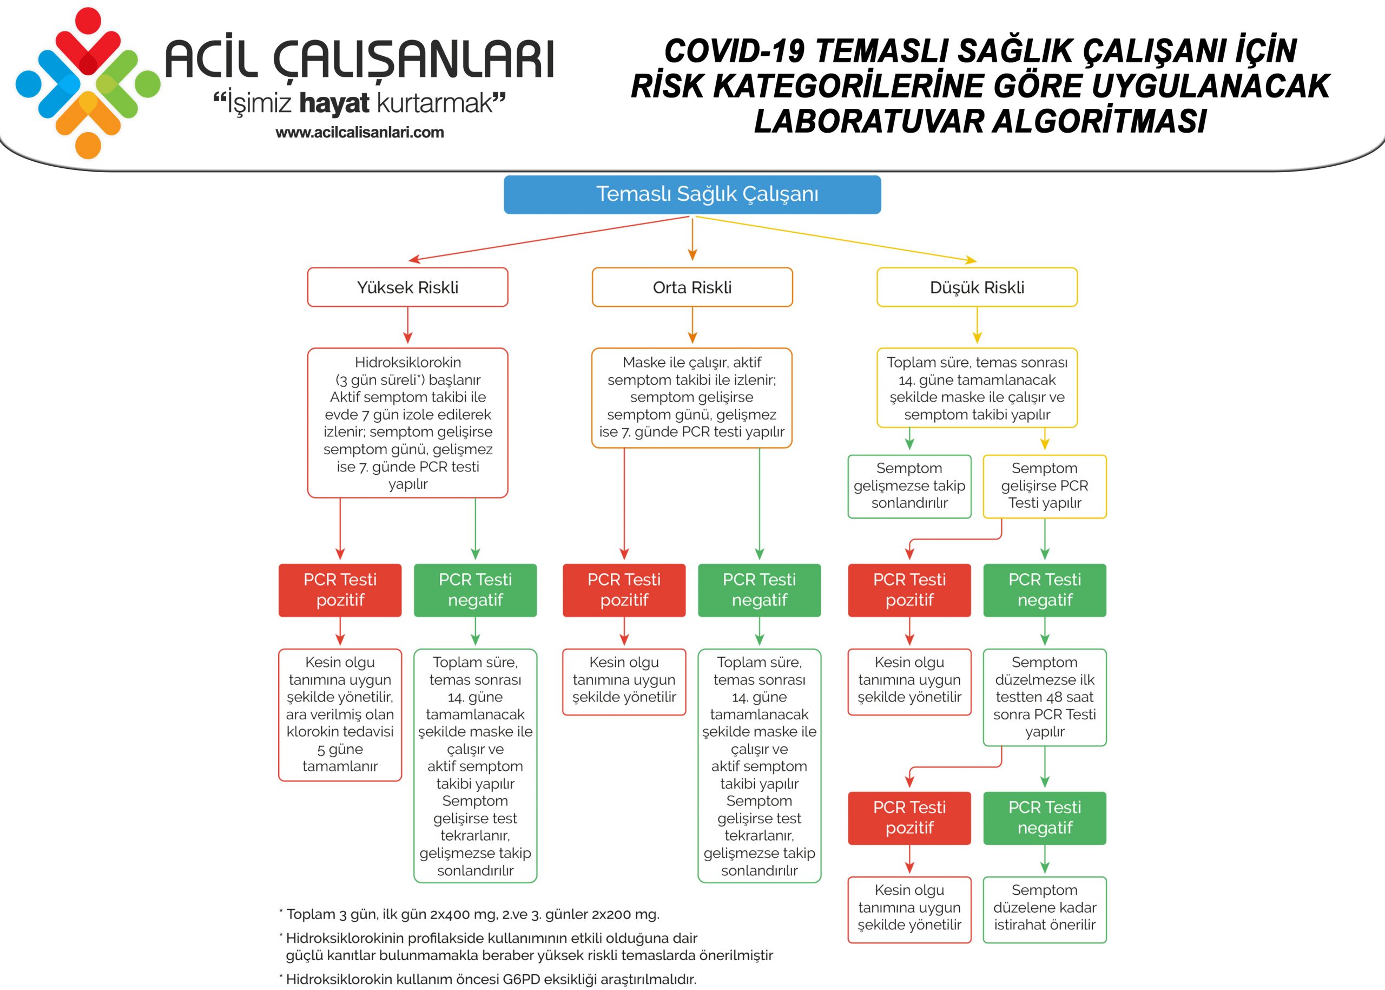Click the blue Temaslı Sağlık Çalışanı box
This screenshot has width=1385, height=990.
coord(692,194)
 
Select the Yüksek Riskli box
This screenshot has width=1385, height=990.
coord(407,287)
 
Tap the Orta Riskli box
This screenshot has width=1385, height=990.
coord(691,287)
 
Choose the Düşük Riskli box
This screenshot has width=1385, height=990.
coord(977,287)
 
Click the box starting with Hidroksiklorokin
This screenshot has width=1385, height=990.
coord(407,422)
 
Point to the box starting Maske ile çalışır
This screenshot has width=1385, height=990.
coord(691,397)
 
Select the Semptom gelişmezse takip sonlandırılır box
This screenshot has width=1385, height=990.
coord(909,486)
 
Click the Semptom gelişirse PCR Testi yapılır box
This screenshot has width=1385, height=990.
coord(1044,486)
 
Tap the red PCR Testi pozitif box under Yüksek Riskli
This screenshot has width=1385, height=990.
coord(340,589)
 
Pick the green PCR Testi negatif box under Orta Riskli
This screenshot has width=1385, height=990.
coord(759,589)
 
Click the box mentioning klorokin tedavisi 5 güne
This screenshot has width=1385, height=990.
coord(340,714)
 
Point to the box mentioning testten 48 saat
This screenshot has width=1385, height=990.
coord(1044,697)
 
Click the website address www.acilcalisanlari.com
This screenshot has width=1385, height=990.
coord(359,132)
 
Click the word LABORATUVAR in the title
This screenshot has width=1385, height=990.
coord(868,121)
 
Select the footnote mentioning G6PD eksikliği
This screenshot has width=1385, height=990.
coord(487,979)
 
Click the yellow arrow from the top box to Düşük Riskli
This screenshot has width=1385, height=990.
coord(835,239)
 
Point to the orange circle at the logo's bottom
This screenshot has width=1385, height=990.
coord(88,146)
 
